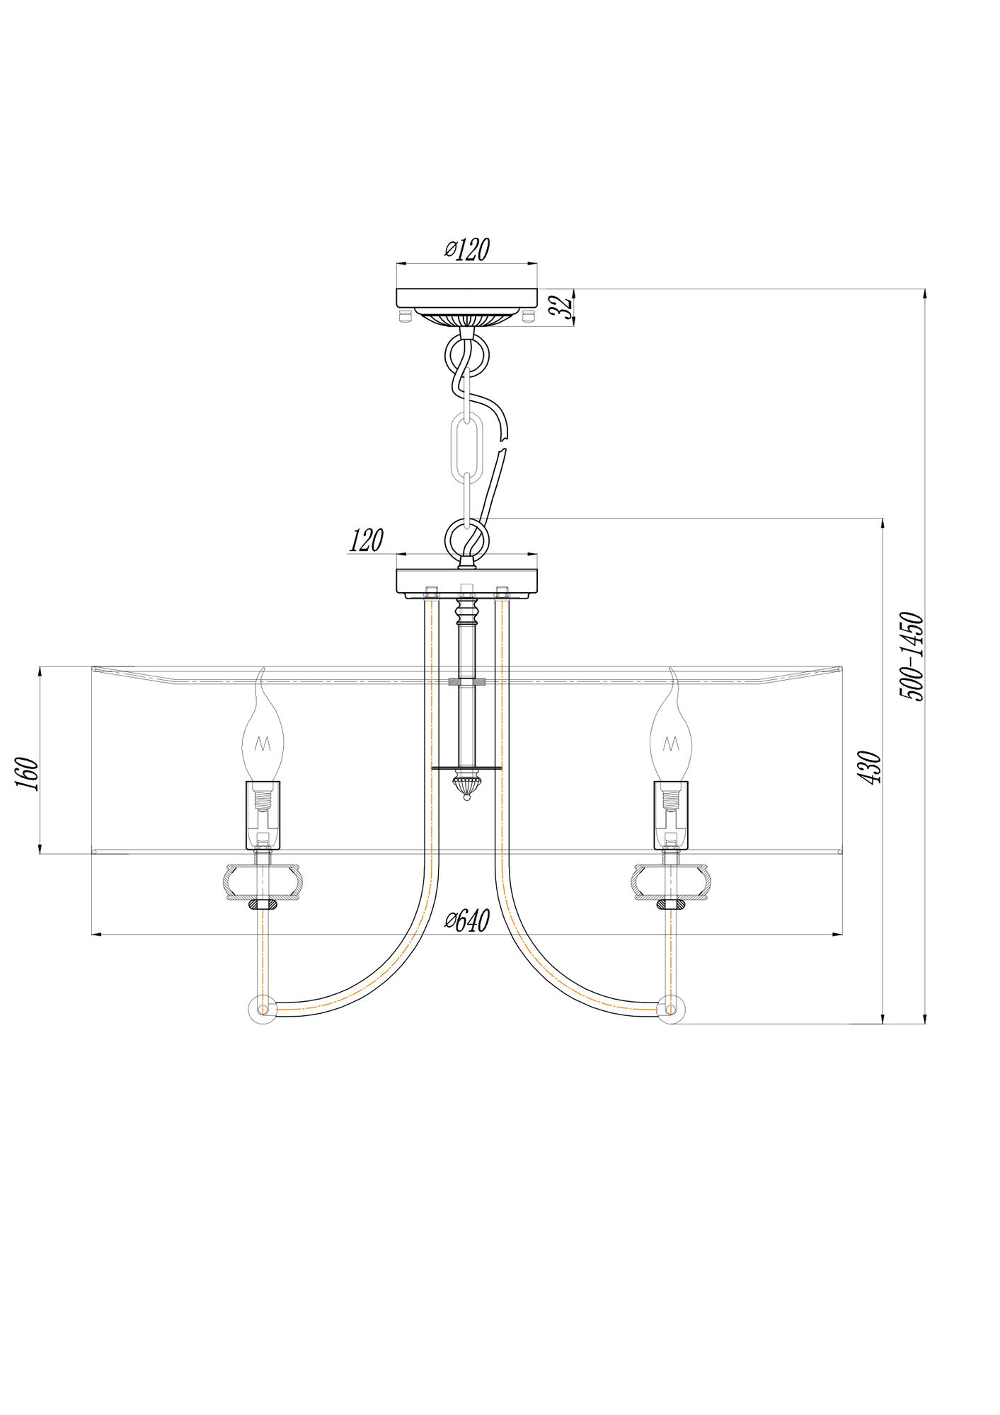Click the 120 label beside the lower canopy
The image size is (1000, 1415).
tap(366, 541)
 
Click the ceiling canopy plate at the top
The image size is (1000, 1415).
tap(466, 297)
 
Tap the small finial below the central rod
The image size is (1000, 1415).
tap(466, 786)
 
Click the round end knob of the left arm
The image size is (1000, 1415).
tap(262, 1010)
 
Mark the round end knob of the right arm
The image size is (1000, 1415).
tap(670, 1010)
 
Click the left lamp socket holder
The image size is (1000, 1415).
tap(263, 814)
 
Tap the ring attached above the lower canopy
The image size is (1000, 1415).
tap(466, 537)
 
